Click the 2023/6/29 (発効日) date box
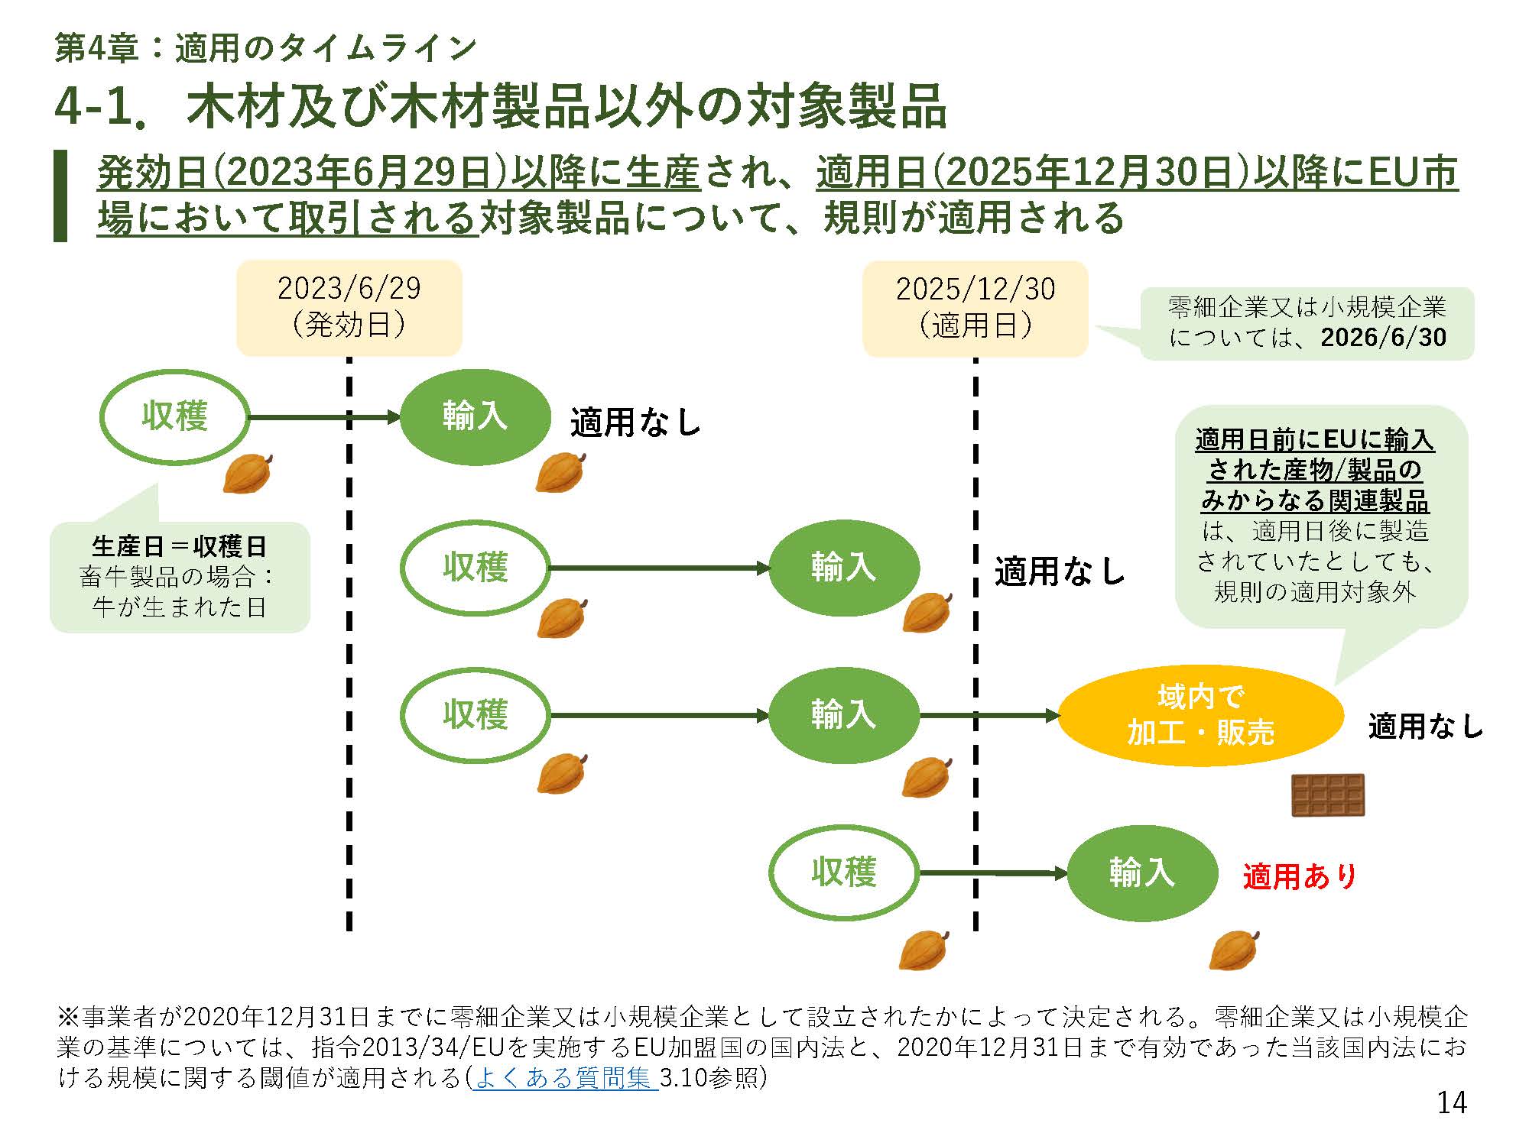tap(349, 307)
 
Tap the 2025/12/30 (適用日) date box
tap(975, 308)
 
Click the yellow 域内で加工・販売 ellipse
tap(1200, 715)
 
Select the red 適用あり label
tap(1300, 876)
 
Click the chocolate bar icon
tap(1328, 795)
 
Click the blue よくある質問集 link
tap(564, 1078)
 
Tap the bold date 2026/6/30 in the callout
tap(1383, 338)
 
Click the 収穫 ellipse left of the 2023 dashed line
tap(175, 417)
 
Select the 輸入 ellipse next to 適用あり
tap(1141, 872)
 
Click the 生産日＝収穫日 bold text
tap(179, 546)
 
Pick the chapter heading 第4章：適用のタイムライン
tap(266, 49)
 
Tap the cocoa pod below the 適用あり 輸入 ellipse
tap(1234, 950)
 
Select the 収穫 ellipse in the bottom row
tap(843, 872)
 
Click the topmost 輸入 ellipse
tap(475, 417)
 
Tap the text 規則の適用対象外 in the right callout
tap(1315, 593)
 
